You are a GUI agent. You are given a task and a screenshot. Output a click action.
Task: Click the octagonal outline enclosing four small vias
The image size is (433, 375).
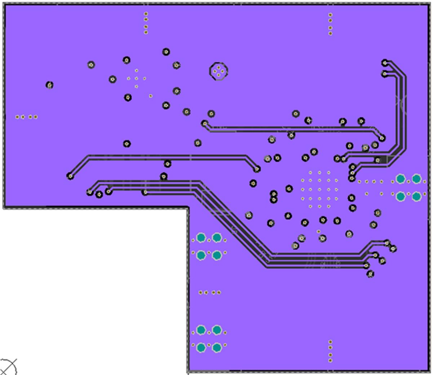coord(218,71)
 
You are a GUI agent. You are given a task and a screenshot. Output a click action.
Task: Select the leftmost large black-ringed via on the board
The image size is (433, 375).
coord(49,85)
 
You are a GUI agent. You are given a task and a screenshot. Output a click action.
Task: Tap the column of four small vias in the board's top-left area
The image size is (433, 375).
coord(146,23)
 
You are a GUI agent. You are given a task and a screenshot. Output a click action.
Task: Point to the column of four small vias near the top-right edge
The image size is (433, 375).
coord(330,24)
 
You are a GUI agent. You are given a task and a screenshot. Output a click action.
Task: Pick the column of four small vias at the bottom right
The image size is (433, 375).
coord(330,351)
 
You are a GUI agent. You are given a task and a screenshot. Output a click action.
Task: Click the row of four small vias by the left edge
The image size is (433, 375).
coord(26,117)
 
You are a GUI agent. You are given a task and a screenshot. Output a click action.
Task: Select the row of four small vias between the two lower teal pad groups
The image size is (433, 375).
coord(209,292)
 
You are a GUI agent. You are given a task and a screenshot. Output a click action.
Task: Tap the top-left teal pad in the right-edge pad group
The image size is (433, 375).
coord(400,179)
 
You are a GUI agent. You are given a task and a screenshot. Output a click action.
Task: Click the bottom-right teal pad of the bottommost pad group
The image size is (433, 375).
coord(217,348)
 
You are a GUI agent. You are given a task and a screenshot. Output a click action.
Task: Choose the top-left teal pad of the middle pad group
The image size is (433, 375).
coord(201,237)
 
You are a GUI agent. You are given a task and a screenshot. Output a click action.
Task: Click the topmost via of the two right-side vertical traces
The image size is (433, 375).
coord(385,63)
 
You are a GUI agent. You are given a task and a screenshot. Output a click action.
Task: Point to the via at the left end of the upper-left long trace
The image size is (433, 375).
coord(70,176)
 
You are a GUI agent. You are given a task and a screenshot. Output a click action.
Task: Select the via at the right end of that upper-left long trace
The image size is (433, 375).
coord(257,169)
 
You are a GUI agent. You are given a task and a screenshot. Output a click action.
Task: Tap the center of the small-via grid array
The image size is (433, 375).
coord(319,189)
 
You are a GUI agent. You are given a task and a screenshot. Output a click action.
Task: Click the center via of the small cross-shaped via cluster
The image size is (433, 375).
coord(136,78)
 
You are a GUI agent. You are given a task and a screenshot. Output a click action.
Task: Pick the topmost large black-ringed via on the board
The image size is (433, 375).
coord(166,52)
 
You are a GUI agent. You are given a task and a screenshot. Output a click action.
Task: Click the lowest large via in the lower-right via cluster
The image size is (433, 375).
coord(370,274)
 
